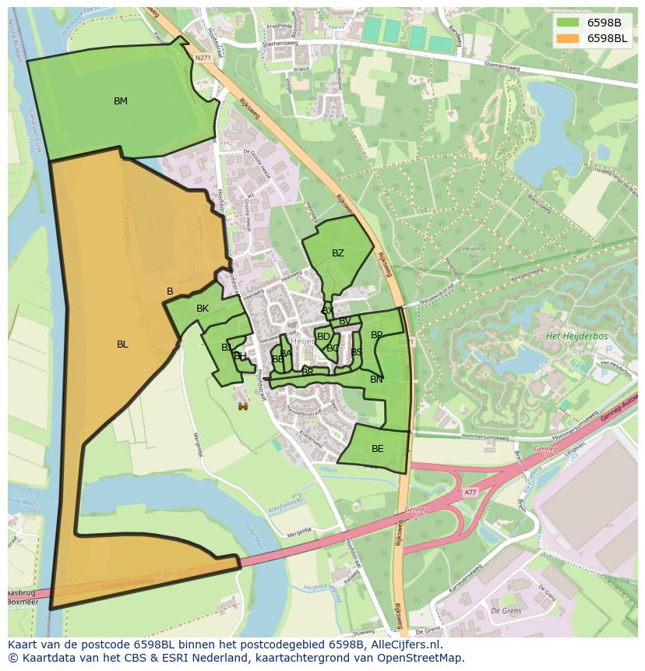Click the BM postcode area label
point(121,101)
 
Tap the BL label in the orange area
point(122,344)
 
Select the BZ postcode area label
point(338,253)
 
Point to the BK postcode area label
point(203,309)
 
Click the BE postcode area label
point(378,449)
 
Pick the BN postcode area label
point(376,380)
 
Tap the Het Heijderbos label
point(577,336)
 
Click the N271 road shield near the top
point(203,58)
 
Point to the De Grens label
point(506,611)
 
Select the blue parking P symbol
point(603,375)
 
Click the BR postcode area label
point(308,373)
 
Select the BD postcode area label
point(323,337)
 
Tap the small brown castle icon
point(243,406)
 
